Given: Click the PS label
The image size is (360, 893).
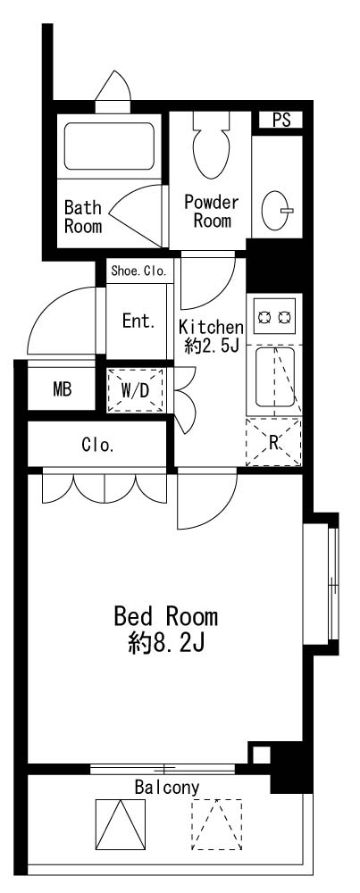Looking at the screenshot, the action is click(280, 121).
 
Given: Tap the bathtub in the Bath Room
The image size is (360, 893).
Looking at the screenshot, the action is click(109, 146).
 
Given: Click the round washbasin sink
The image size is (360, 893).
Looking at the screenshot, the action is click(277, 210).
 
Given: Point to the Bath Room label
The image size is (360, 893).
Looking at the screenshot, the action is click(83, 216).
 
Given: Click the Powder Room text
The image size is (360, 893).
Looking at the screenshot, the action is click(212, 211).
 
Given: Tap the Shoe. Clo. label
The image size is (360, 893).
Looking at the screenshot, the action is click(139, 271).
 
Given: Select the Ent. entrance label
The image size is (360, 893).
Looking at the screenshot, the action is click(139, 321).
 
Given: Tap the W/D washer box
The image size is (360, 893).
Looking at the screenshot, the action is click(136, 390).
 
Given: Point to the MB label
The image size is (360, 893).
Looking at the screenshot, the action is click(63, 390).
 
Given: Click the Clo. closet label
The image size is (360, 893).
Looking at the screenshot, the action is click(98, 446).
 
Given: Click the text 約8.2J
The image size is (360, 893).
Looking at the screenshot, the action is click(166, 644).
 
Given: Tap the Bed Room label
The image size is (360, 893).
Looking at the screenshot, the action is click(166, 616).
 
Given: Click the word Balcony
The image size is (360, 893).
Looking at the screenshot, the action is click(167, 789).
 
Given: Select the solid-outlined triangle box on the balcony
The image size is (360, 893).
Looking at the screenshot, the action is click(121, 824).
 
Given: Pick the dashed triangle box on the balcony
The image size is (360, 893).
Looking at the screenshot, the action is click(216, 824).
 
